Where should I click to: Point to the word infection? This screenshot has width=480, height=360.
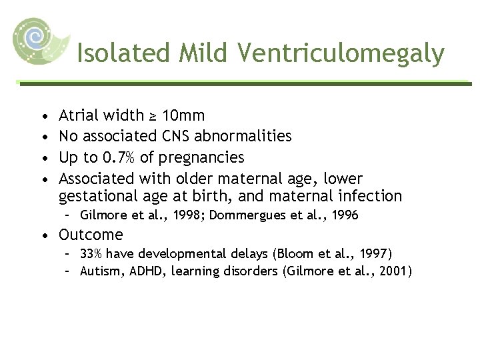pos(370,196)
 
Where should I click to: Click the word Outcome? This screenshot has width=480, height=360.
pos(91,235)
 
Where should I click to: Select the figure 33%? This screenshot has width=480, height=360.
pos(91,253)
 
